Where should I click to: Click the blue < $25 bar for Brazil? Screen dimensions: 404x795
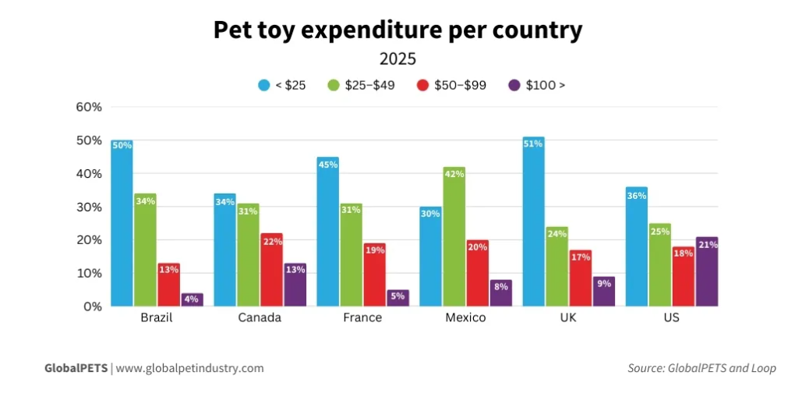(122, 226)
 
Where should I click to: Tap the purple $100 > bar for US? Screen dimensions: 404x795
(706, 273)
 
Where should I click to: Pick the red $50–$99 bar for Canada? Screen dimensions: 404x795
(270, 271)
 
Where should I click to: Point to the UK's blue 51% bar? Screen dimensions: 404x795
(533, 222)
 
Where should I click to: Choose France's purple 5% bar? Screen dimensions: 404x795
(397, 298)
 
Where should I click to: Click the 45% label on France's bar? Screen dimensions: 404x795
(328, 165)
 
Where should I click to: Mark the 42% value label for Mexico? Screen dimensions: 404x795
(454, 175)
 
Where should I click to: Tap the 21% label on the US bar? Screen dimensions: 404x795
(708, 245)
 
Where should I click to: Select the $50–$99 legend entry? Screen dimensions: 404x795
(460, 85)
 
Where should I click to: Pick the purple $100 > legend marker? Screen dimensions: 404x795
(514, 85)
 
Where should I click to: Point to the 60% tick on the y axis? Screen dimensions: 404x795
(89, 107)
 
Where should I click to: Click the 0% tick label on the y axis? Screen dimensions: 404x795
(93, 307)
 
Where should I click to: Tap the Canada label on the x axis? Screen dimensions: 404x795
(260, 318)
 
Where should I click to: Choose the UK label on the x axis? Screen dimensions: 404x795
(569, 318)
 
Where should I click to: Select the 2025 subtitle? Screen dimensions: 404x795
(397, 58)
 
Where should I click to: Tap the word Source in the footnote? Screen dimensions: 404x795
(646, 368)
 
